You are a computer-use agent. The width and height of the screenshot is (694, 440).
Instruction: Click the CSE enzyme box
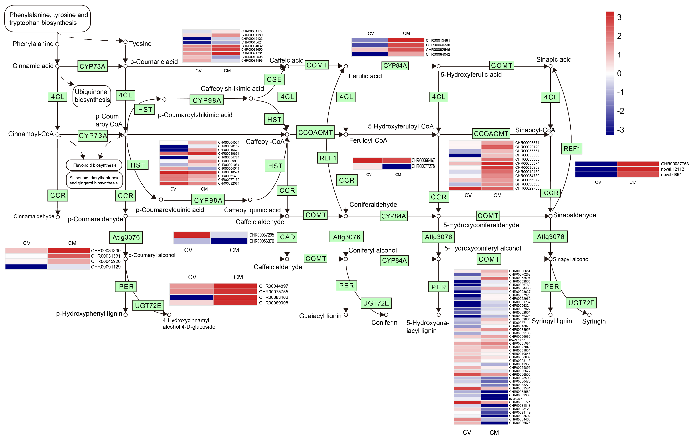point(274,79)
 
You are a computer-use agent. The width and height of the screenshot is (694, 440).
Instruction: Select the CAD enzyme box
point(287,237)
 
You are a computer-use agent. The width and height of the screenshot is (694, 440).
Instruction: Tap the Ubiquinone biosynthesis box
point(92,96)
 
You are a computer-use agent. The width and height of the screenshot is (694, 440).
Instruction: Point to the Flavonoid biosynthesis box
point(94,165)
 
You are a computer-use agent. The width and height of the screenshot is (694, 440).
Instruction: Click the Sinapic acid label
point(553,60)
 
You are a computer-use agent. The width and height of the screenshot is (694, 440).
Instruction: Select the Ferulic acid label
point(365,76)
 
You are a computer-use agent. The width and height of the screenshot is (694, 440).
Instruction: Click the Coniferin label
point(384,322)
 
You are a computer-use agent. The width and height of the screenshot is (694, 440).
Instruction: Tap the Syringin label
point(594,321)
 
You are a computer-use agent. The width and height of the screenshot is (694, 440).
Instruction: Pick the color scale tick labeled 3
point(619,17)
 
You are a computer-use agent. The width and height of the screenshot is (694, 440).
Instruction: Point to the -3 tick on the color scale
point(620,130)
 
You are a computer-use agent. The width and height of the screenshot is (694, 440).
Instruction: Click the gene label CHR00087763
point(674,164)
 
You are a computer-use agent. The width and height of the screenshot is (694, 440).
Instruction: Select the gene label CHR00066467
point(423,160)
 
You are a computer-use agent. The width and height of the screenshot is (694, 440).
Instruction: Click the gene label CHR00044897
point(273,286)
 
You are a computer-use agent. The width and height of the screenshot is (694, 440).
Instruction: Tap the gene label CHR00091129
point(105,267)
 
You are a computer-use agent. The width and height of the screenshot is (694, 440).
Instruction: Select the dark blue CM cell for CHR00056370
point(229,241)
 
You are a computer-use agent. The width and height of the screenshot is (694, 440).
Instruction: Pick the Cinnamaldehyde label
point(34,216)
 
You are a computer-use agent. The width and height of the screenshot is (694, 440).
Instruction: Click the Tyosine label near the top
point(140,44)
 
